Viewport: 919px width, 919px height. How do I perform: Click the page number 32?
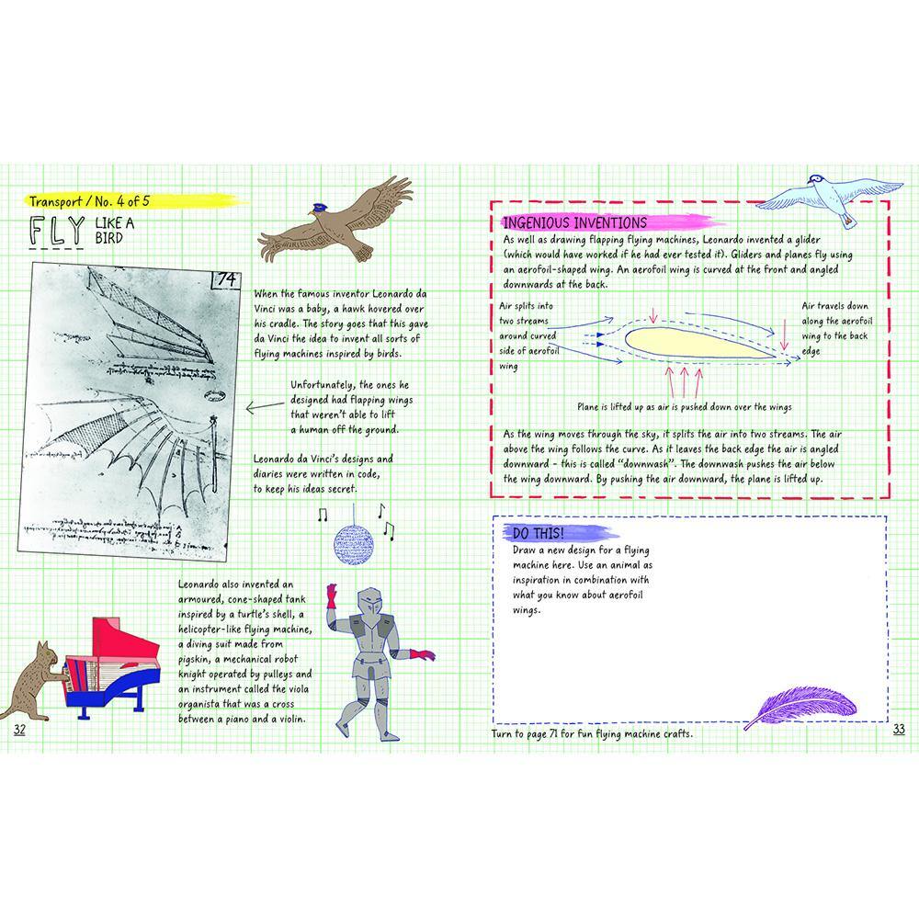(20, 729)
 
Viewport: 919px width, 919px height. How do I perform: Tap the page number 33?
(899, 729)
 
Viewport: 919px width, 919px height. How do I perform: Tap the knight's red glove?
(425, 654)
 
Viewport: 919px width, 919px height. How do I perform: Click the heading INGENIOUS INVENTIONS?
(574, 222)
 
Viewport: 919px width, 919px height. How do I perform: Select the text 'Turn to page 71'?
(533, 733)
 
